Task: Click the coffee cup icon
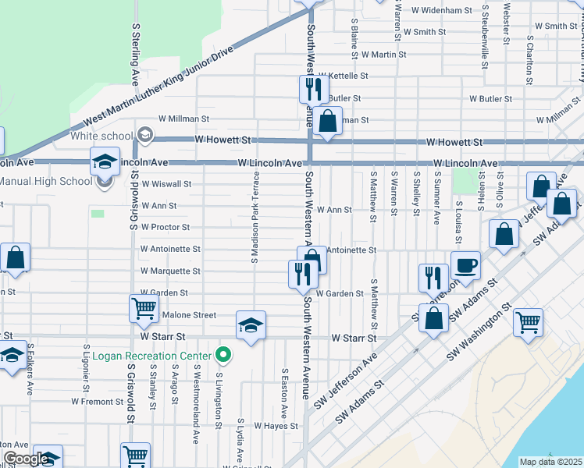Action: (466, 265)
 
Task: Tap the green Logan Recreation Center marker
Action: (224, 356)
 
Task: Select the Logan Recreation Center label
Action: (152, 356)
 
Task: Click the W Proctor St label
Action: (165, 227)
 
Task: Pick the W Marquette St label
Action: (170, 271)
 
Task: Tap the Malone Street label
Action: (188, 315)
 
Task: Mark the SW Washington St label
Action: (479, 331)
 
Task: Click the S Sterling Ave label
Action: (135, 53)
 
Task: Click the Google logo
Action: (26, 459)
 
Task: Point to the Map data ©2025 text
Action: (551, 462)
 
